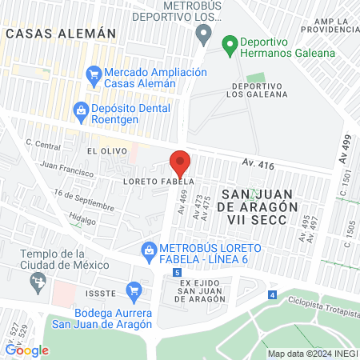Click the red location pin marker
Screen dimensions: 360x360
point(181,164)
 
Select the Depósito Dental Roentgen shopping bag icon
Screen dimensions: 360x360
point(80,109)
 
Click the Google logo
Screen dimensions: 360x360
point(26,350)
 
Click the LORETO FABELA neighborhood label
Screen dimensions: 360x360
point(137,181)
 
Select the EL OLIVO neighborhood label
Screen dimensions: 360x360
point(103,150)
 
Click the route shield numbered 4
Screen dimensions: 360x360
point(273,295)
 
